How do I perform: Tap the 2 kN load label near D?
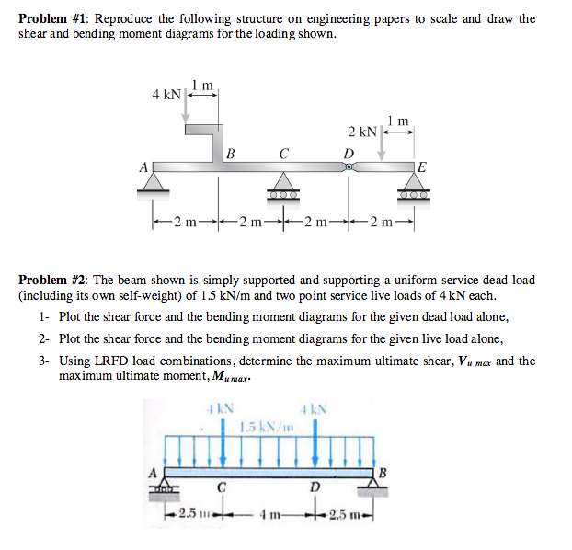tap(361, 132)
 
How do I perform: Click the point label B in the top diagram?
tap(231, 153)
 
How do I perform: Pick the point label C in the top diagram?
tap(284, 153)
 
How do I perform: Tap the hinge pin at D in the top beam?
tap(349, 167)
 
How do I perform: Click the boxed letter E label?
tap(421, 166)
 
